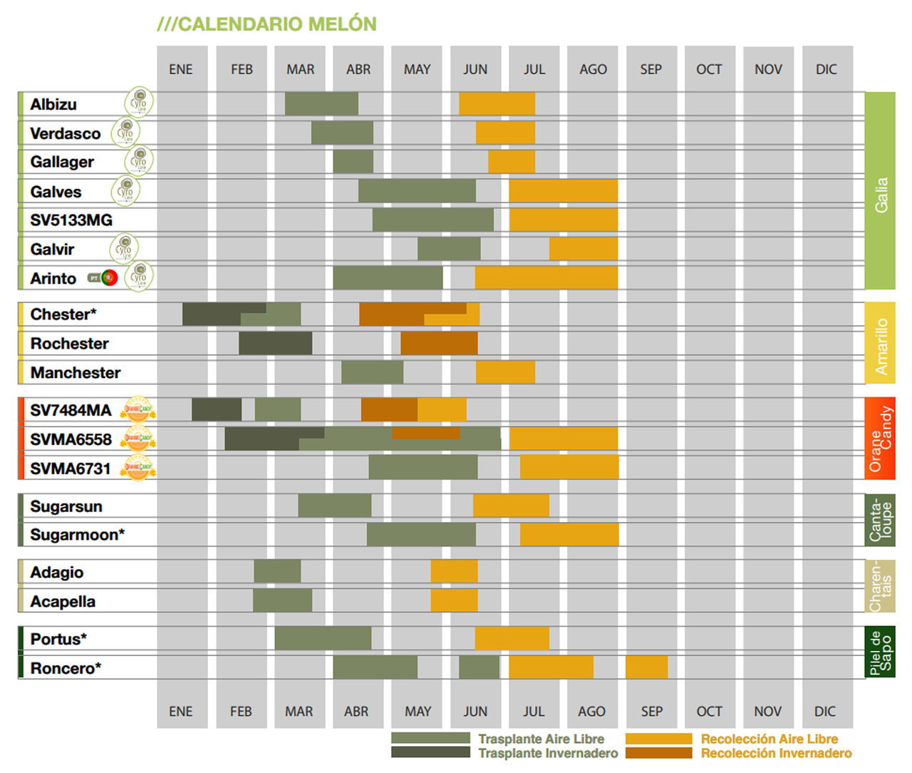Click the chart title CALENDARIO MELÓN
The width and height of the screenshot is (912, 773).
(x=266, y=24)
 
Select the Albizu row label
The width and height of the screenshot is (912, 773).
(x=53, y=104)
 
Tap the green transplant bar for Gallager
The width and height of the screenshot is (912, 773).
(x=353, y=162)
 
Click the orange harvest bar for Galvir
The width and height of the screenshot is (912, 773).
(x=583, y=249)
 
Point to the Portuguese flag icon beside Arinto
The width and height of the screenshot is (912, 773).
(x=109, y=278)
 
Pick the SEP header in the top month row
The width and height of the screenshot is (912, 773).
(x=651, y=69)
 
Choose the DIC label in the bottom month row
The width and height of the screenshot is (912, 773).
(x=825, y=712)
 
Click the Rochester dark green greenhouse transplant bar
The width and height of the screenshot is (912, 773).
(x=275, y=343)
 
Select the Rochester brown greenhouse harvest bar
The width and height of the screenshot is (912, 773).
(x=439, y=343)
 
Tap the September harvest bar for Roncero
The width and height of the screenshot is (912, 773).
(x=646, y=667)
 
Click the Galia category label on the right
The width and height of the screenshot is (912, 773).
(x=880, y=195)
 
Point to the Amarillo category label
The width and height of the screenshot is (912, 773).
(x=880, y=347)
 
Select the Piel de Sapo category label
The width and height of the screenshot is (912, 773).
(x=880, y=652)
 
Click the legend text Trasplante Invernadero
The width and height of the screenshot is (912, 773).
(x=548, y=753)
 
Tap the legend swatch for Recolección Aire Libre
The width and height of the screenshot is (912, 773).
(x=658, y=739)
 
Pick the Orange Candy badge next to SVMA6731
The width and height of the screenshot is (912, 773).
(x=138, y=468)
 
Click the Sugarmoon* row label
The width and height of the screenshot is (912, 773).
(x=77, y=535)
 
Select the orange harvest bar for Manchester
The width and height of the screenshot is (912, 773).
(x=505, y=372)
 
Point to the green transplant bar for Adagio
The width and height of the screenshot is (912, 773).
(x=277, y=572)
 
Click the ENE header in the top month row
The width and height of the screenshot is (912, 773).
(x=181, y=69)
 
